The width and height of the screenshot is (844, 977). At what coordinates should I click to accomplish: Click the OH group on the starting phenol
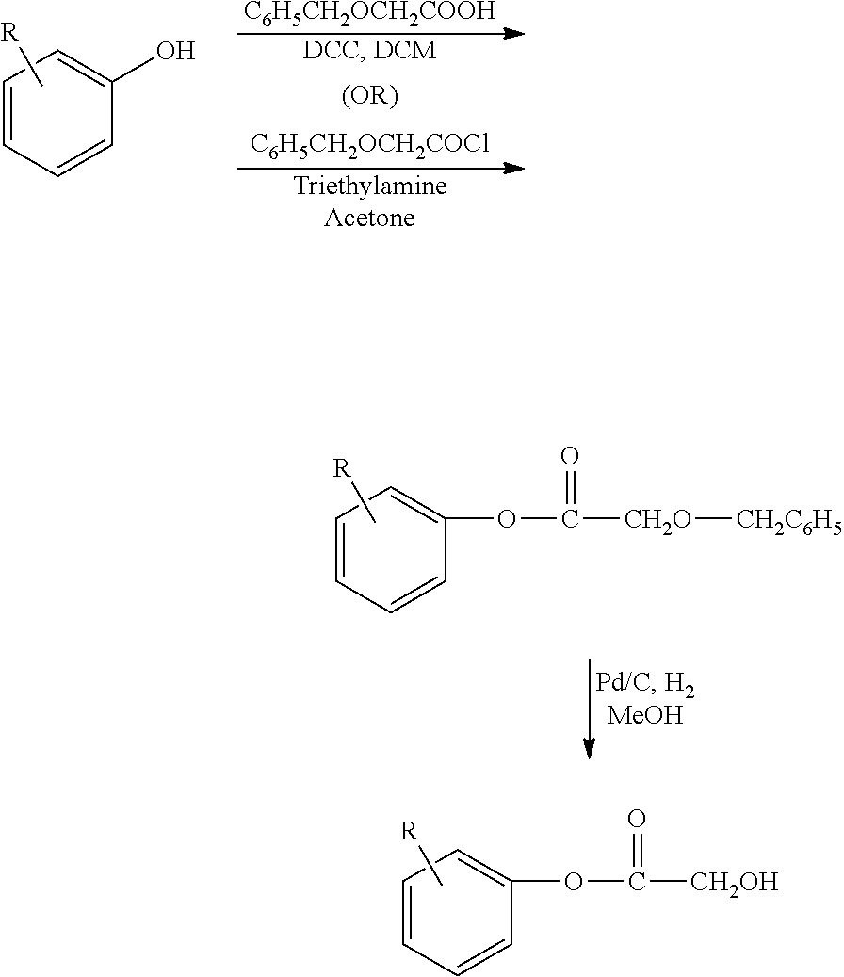[175, 51]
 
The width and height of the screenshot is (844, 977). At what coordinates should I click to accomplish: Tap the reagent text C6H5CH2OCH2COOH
[370, 13]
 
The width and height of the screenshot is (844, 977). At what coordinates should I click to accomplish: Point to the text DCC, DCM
[369, 51]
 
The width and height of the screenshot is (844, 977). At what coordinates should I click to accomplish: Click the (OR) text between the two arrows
[370, 98]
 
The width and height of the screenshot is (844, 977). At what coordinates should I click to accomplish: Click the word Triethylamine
[370, 185]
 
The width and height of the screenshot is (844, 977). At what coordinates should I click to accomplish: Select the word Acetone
[370, 218]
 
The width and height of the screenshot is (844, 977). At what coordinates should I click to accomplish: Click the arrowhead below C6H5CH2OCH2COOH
[513, 33]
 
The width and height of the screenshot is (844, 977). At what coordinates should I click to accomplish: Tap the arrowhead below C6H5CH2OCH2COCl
[513, 169]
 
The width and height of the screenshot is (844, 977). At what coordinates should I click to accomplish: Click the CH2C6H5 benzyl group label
[788, 520]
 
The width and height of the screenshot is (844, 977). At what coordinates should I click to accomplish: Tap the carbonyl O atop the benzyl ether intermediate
[569, 458]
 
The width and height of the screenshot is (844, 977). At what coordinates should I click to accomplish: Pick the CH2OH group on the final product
[734, 883]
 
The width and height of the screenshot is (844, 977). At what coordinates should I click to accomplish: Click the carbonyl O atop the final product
[637, 819]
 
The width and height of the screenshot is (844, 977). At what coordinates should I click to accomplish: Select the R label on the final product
[408, 830]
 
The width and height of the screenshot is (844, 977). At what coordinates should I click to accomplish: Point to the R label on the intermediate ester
[342, 468]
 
